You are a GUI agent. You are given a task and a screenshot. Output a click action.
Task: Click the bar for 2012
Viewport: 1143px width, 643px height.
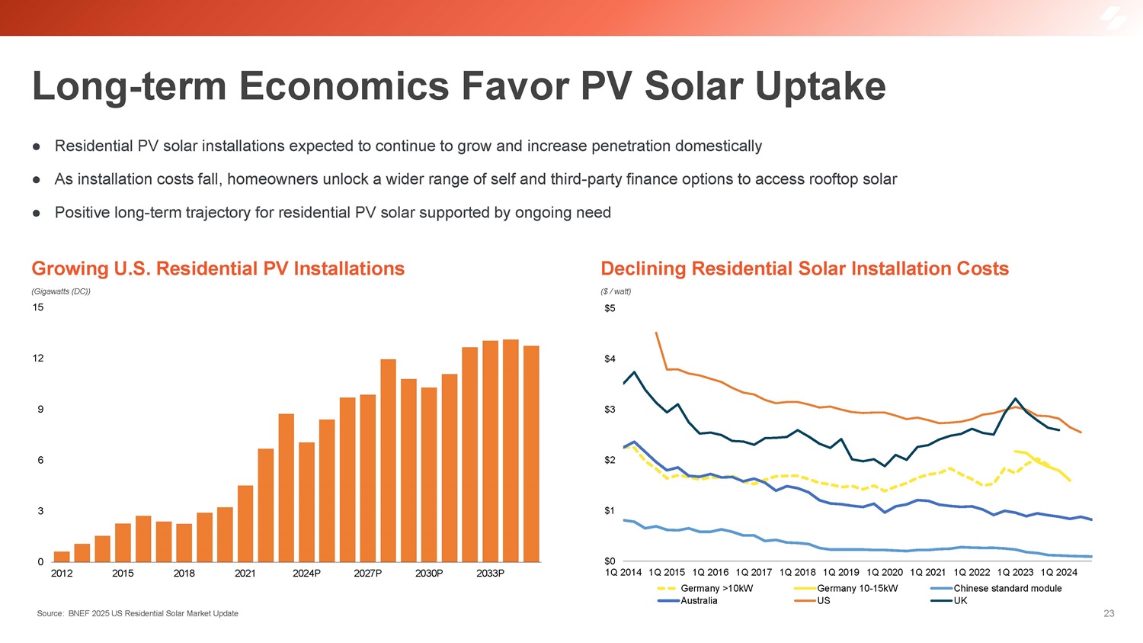click(x=62, y=557)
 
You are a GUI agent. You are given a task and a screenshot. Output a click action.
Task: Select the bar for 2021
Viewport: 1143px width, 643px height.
click(x=245, y=524)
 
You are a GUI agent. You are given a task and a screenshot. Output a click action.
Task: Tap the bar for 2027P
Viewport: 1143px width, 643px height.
click(x=368, y=478)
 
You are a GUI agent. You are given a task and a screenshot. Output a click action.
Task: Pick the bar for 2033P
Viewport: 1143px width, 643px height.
click(x=491, y=452)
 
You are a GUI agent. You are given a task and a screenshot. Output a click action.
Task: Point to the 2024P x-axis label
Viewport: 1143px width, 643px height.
click(x=306, y=574)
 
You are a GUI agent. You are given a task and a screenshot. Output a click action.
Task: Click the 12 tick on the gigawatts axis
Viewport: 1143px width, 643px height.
click(x=38, y=358)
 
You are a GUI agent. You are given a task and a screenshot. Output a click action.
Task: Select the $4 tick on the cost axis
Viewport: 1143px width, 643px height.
click(x=610, y=359)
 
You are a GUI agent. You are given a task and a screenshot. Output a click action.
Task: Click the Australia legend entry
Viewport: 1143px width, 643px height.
click(x=699, y=601)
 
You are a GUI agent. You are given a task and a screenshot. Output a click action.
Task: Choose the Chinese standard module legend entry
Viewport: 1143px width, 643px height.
click(x=1007, y=589)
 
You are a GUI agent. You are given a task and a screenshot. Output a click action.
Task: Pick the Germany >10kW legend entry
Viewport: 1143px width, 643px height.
click(x=716, y=589)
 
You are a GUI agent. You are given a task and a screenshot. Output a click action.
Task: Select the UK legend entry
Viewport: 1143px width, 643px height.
click(x=960, y=601)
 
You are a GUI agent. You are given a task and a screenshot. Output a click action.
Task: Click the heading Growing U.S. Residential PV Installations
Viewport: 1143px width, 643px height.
click(x=218, y=268)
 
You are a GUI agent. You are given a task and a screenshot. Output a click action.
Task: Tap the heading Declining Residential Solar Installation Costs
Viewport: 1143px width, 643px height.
click(x=805, y=268)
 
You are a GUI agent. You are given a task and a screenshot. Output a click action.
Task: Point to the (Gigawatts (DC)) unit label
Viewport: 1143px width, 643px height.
click(x=61, y=291)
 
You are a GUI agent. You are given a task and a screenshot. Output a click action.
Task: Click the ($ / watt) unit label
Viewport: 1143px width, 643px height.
click(x=616, y=291)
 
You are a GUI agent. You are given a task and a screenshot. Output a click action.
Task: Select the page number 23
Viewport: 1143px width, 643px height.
click(x=1109, y=613)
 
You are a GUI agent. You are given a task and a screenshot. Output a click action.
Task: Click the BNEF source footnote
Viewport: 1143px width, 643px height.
click(x=137, y=613)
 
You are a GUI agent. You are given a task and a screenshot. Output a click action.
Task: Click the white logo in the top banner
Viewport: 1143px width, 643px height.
click(x=1113, y=18)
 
